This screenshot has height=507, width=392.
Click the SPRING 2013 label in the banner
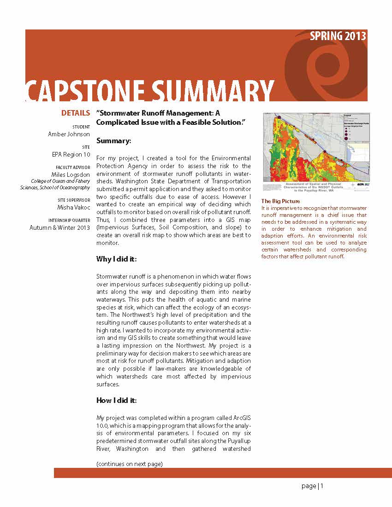click(338, 36)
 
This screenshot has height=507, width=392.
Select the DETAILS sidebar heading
click(76, 113)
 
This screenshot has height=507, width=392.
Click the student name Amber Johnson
click(69, 134)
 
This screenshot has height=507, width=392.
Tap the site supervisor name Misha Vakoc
click(74, 207)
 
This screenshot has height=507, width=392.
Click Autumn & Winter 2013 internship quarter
click(60, 227)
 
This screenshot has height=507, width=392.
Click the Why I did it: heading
click(116, 259)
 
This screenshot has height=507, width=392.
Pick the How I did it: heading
click(116, 400)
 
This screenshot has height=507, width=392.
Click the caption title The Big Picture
click(280, 201)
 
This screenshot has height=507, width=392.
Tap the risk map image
click(315, 152)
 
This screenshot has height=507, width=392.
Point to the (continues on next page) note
click(129, 464)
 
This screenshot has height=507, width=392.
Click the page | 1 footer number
click(313, 486)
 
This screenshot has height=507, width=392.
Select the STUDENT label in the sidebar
click(81, 127)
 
